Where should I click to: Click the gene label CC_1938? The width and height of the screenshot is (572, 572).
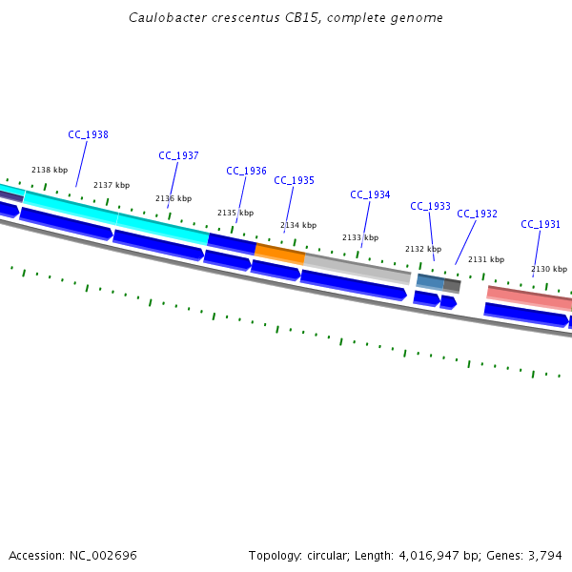tap(88, 134)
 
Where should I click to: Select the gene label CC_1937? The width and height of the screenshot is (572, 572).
tap(178, 155)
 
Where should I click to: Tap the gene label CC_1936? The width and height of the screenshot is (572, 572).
tap(246, 171)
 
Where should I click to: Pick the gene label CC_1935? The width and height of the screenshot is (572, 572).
tap(294, 180)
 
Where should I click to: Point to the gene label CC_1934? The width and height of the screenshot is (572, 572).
tap(370, 194)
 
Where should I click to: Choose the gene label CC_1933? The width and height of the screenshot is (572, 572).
tap(430, 206)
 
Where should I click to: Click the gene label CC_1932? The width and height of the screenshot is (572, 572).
tap(477, 214)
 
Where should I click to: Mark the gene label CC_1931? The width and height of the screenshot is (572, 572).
tap(541, 224)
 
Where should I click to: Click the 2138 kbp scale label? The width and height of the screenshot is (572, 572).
tap(50, 170)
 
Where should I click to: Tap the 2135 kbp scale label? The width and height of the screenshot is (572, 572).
tap(235, 213)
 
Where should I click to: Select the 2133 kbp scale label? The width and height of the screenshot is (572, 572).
tap(360, 237)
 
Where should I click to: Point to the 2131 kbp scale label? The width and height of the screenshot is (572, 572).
tap(485, 259)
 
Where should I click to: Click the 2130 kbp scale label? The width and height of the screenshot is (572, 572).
tap(548, 269)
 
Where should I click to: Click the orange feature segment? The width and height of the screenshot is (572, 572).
tap(280, 254)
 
